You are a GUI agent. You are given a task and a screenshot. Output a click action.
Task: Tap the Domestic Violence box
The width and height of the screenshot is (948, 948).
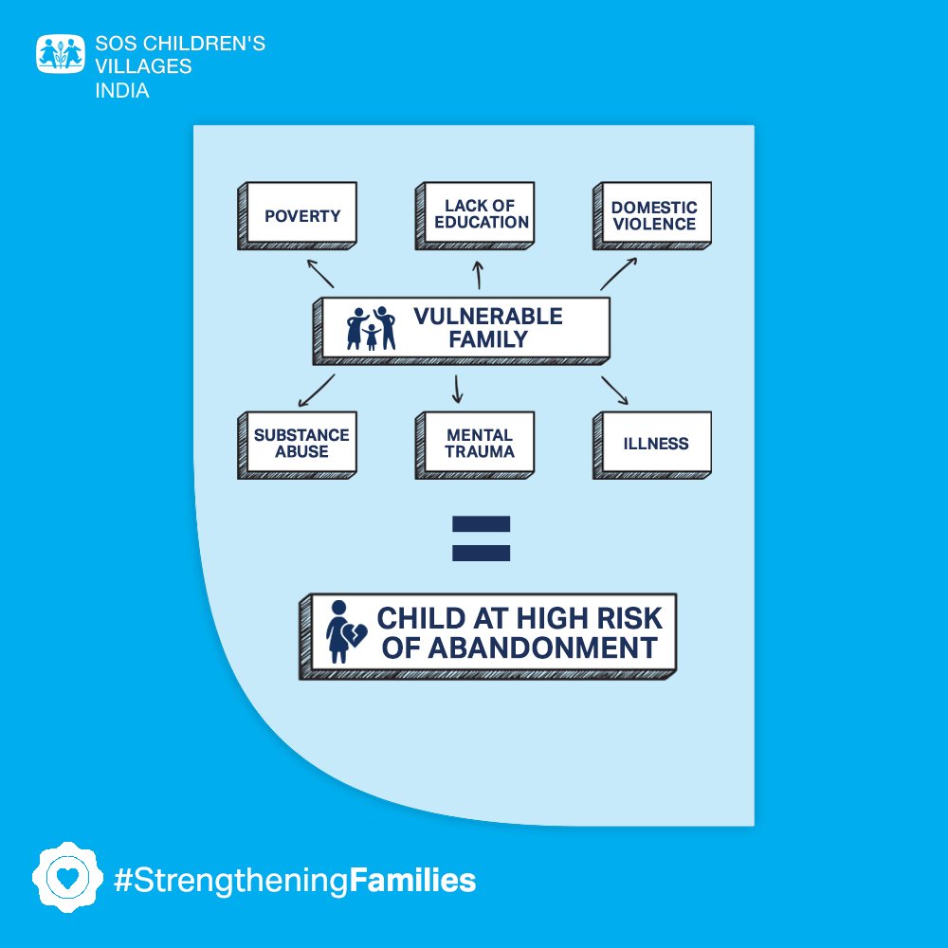point(654,215)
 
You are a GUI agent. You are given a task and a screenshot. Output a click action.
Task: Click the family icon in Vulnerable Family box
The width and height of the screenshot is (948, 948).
point(371,328)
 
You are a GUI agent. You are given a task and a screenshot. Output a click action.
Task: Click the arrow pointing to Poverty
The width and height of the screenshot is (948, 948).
point(320,273)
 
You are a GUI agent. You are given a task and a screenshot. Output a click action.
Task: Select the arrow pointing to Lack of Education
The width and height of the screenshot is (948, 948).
point(479,275)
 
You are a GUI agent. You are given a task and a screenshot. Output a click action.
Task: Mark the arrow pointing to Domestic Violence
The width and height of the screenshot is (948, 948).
point(617,273)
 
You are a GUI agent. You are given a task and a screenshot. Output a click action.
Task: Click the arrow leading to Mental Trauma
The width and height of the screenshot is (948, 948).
point(458,389)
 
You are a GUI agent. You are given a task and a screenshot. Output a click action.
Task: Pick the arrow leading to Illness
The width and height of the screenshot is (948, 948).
point(614,390)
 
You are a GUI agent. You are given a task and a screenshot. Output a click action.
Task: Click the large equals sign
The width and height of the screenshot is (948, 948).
point(482,538)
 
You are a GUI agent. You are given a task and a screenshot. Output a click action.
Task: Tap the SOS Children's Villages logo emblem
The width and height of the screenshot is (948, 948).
point(61,54)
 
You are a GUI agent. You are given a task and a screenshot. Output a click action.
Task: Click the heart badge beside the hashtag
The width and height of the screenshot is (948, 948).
point(65,878)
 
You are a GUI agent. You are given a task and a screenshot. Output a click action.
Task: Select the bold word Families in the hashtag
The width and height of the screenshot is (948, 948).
point(412,881)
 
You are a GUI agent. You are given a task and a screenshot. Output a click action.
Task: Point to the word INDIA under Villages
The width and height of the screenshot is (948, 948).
point(122,91)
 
